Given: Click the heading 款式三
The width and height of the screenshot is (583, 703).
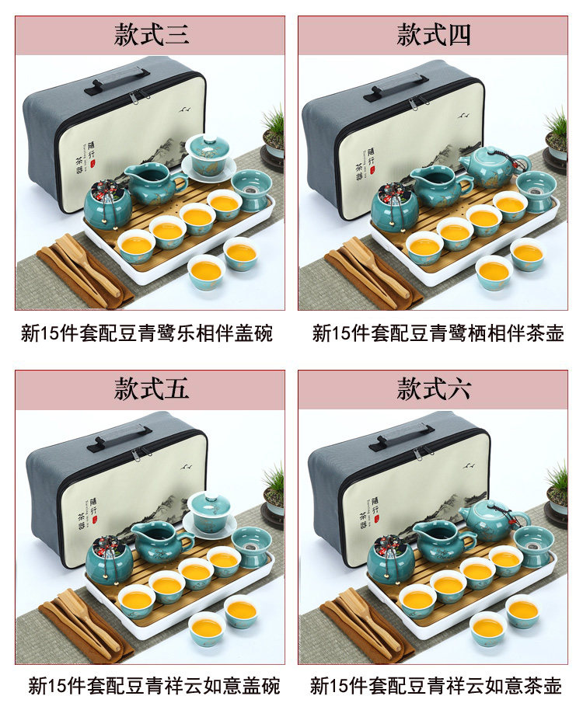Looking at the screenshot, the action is (151, 34).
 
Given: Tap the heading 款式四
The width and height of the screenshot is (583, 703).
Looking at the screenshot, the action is (434, 34).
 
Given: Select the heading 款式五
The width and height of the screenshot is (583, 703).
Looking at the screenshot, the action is (151, 388).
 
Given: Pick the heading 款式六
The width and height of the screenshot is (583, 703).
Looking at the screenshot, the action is (434, 388).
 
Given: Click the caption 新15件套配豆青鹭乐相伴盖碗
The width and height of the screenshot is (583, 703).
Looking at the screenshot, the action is (147, 333).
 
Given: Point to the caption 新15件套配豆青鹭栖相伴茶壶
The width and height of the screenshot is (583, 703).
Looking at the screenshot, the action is (438, 333).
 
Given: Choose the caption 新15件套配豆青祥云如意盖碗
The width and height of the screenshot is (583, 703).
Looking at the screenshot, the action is (155, 686).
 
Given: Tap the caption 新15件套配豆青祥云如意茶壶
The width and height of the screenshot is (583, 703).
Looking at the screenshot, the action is (436, 686).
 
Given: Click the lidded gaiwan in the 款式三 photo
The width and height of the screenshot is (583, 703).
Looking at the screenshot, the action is (208, 158).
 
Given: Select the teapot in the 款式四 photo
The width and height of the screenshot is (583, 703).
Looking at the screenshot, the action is (492, 166).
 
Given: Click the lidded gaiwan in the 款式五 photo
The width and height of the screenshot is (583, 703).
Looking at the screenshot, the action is (210, 515).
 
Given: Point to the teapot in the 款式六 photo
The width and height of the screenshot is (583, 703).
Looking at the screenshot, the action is (494, 520).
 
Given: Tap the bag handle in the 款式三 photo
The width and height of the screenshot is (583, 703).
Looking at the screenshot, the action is (117, 81).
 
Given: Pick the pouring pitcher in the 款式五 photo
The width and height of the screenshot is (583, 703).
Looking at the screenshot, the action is (163, 543).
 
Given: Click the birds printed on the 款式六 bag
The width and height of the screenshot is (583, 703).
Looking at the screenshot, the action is (470, 466).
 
